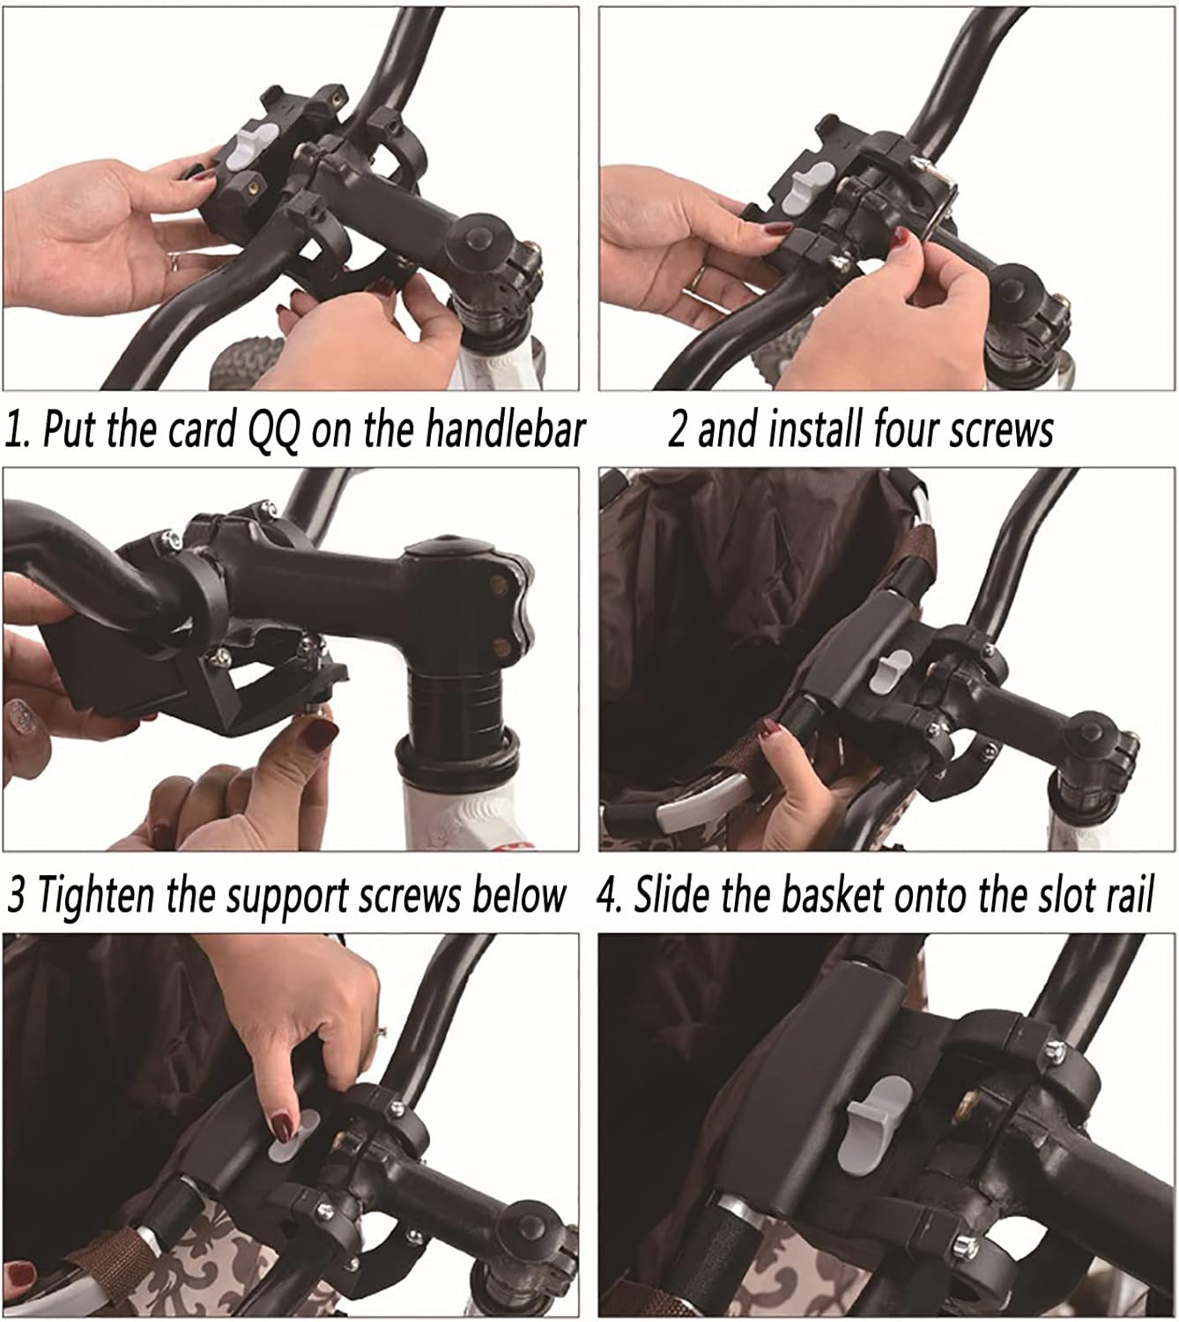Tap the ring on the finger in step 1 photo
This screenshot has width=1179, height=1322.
point(174,261)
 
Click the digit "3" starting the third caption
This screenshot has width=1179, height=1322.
point(17,895)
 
